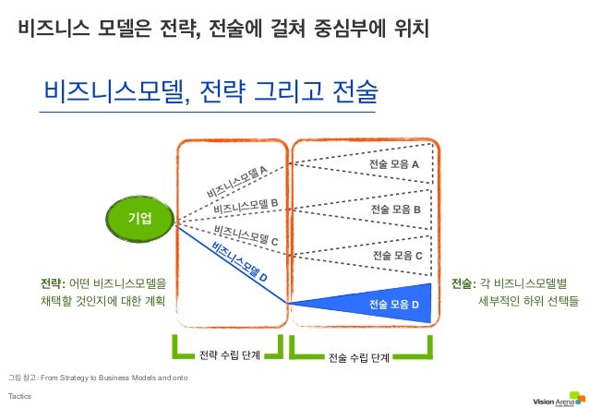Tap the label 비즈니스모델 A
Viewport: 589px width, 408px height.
click(x=237, y=181)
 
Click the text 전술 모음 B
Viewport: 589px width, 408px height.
click(x=396, y=210)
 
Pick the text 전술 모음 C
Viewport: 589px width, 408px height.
click(x=397, y=255)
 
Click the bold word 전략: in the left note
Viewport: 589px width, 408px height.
click(x=52, y=282)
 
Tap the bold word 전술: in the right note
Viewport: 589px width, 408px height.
click(x=463, y=282)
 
